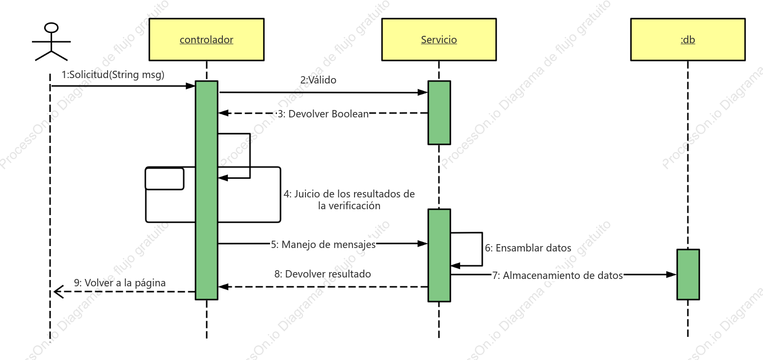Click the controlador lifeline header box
206,39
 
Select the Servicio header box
439,39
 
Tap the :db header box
688,39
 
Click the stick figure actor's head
52,28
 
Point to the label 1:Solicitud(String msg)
113,75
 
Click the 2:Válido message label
318,80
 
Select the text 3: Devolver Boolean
323,114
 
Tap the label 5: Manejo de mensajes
323,245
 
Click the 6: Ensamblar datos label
528,248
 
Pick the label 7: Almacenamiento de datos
557,275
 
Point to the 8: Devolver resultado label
323,274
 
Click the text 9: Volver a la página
120,283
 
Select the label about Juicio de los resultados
349,199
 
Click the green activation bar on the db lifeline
688,275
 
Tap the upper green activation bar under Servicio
439,113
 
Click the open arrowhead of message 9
58,292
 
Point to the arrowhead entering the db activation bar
672,275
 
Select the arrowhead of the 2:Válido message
423,92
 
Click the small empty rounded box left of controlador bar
164,178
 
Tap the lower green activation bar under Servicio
439,255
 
